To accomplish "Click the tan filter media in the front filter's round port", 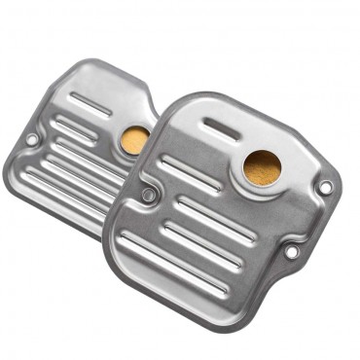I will [261, 167].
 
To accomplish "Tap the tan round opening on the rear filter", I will [134, 139].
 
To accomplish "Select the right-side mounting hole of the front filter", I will [325, 186].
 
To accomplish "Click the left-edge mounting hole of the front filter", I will [148, 195].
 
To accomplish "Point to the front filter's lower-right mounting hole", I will [291, 252].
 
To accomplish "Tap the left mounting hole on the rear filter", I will [31, 139].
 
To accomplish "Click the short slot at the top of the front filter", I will [221, 129].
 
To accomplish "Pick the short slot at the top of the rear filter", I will [92, 103].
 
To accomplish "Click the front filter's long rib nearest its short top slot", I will [190, 173].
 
